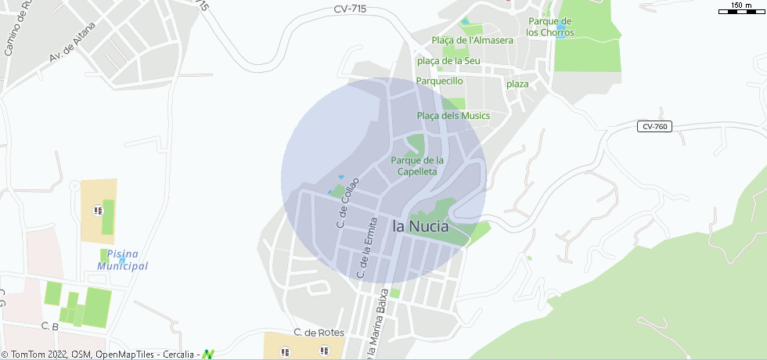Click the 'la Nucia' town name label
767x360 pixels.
[420, 226]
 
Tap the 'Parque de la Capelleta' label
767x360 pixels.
[416, 165]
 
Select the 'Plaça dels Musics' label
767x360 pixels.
[453, 116]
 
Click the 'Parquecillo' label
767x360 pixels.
[440, 81]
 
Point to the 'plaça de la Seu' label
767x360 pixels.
[448, 60]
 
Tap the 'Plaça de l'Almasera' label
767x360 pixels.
[472, 40]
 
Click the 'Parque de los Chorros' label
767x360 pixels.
[550, 27]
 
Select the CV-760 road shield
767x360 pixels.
[654, 126]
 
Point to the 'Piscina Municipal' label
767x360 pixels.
[122, 260]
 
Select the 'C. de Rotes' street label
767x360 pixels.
[319, 333]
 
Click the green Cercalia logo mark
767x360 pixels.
[207, 354]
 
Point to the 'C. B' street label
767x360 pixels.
[50, 326]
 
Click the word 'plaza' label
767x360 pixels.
[517, 84]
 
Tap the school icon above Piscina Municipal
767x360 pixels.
[98, 210]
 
